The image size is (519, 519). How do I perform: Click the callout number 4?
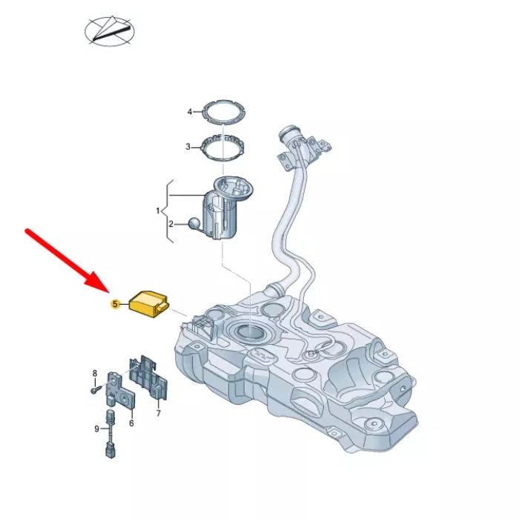tap(190, 112)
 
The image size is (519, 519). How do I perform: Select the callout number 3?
tap(188, 147)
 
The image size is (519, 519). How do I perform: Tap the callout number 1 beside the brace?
tap(158, 211)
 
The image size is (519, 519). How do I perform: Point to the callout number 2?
tap(171, 225)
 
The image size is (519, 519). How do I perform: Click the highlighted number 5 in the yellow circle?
tap(115, 304)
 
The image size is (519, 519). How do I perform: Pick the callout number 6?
tap(131, 423)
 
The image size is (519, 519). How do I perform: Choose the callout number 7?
tap(159, 413)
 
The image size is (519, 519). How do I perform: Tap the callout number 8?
tap(95, 374)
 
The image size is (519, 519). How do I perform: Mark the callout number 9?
tap(96, 429)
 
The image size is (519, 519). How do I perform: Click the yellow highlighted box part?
tap(149, 304)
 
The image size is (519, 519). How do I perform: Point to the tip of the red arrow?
tap(109, 293)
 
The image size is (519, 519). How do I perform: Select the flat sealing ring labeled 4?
tap(224, 112)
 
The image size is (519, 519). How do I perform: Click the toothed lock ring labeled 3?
tap(223, 147)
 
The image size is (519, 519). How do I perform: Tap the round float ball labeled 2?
tap(194, 223)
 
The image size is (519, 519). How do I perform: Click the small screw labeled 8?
tap(94, 391)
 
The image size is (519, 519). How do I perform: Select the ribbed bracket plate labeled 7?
tap(148, 377)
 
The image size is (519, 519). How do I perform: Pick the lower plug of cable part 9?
tap(110, 451)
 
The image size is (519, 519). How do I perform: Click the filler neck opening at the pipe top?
tap(288, 131)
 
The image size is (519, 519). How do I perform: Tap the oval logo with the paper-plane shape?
tap(110, 31)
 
